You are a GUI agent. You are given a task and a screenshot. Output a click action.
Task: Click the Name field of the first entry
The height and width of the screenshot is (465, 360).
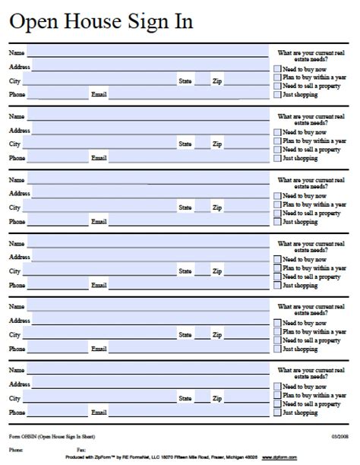147,53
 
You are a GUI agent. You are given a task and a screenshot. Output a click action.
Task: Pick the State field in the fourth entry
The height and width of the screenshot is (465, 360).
202,270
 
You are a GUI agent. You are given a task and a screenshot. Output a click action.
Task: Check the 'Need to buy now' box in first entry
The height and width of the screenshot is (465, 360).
277,69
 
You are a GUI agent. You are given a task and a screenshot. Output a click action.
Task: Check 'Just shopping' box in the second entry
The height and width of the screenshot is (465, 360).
277,158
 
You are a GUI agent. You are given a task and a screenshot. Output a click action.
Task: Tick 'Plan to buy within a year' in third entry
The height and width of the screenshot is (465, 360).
277,204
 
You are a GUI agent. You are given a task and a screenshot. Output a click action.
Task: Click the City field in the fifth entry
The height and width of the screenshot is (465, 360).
99,334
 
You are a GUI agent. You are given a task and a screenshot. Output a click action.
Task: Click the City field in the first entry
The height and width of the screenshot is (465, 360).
99,80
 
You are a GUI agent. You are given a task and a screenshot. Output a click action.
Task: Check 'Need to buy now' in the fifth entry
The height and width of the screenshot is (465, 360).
277,323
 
